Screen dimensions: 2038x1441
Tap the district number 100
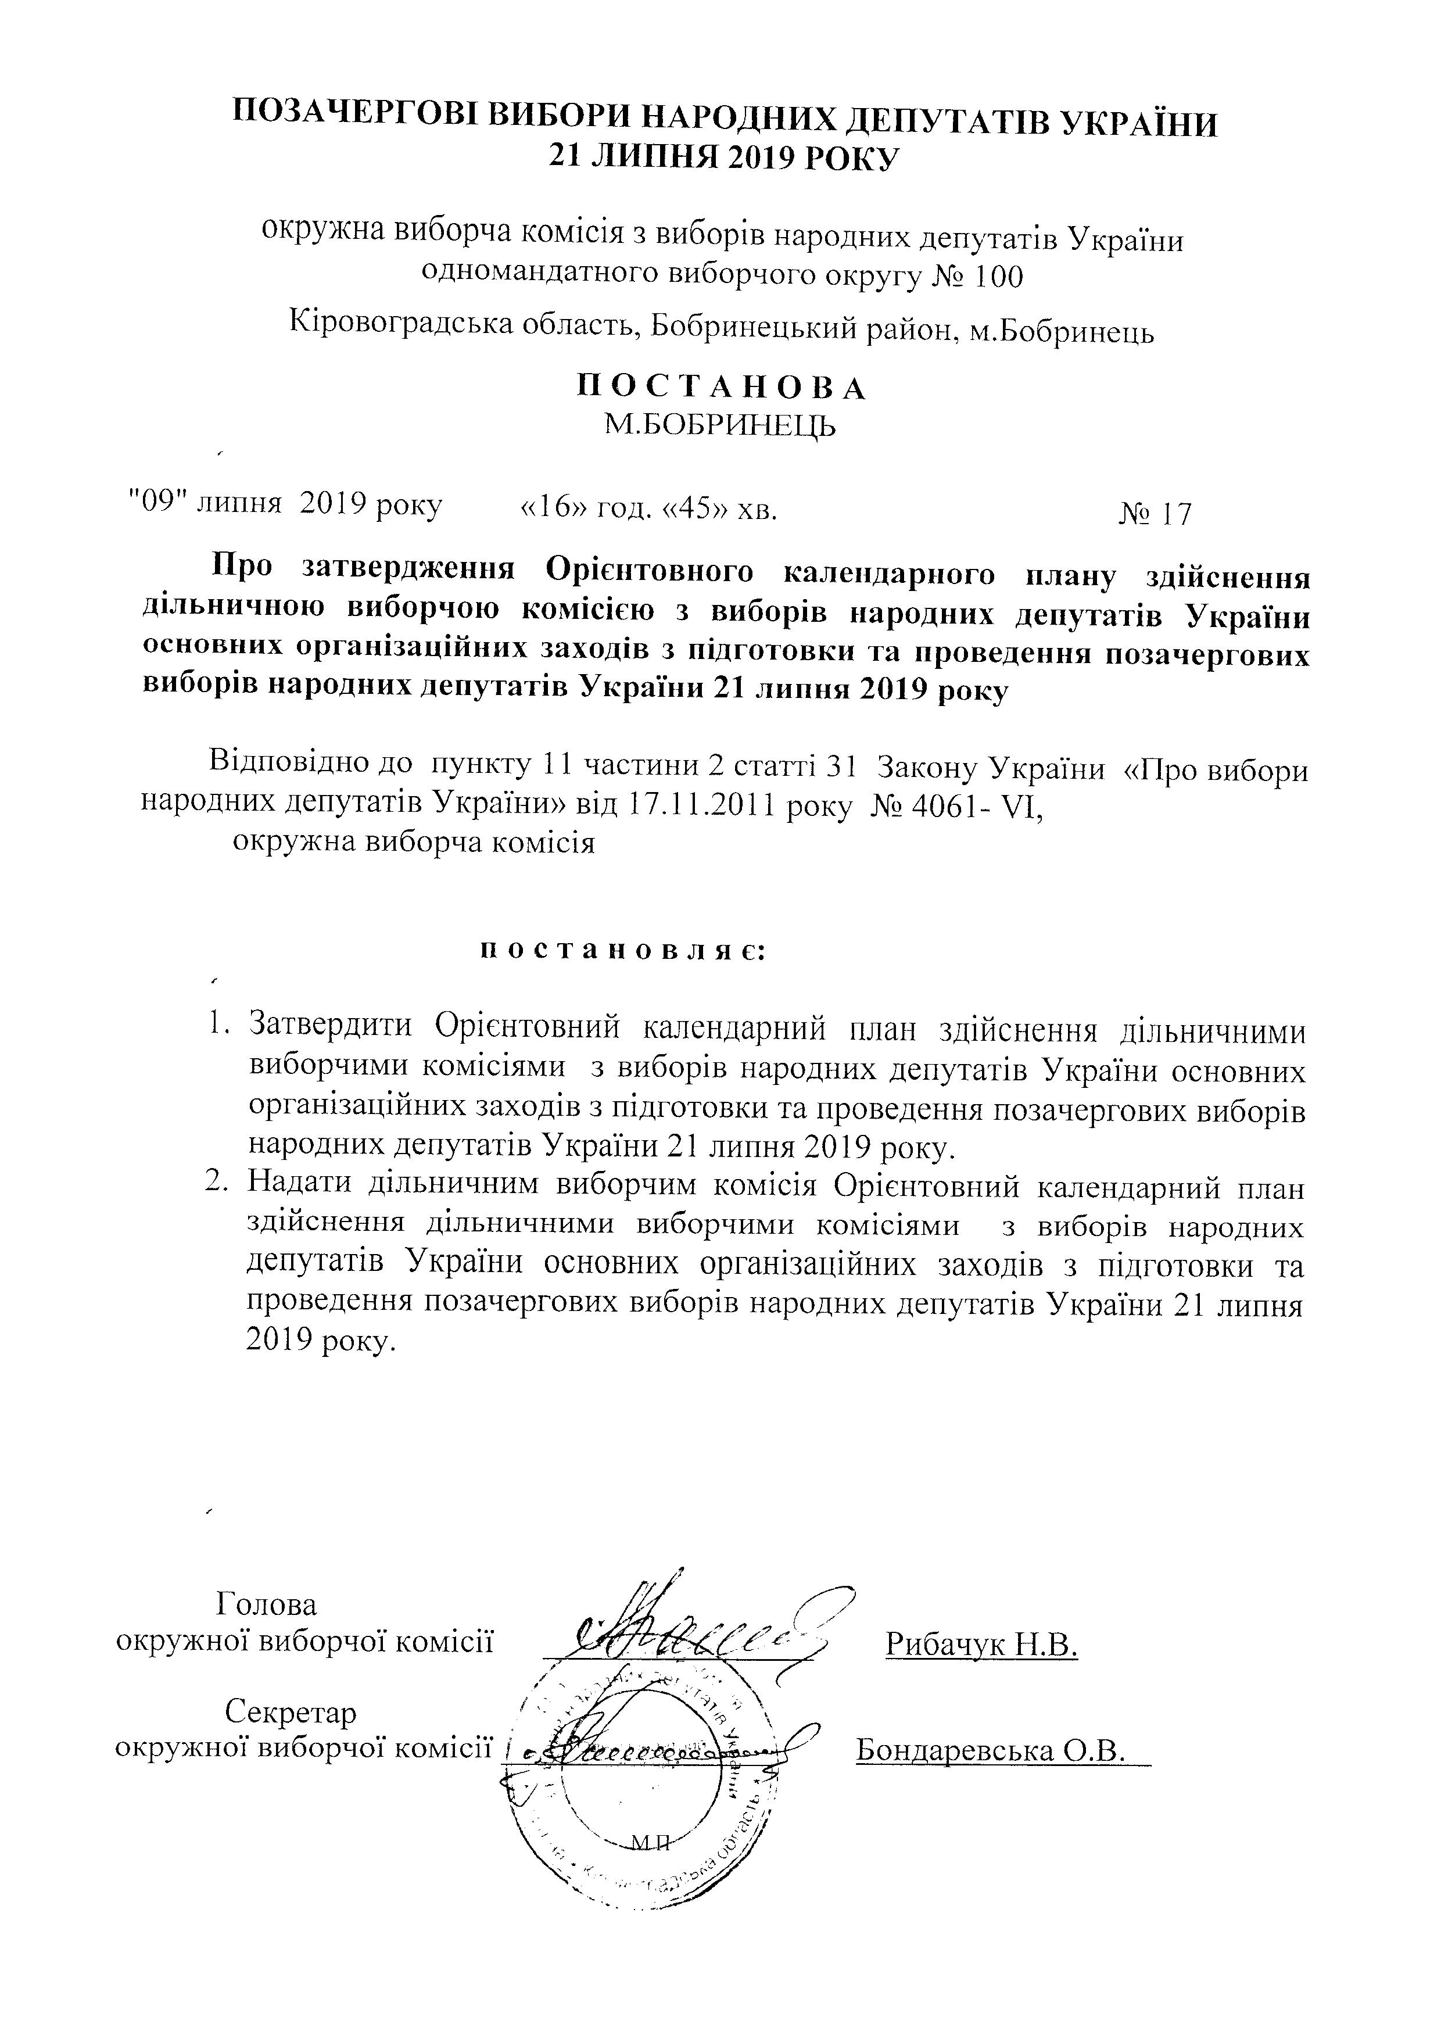[x=998, y=278]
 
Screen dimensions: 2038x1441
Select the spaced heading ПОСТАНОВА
[x=722, y=388]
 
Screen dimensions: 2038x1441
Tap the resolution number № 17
[x=1155, y=513]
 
